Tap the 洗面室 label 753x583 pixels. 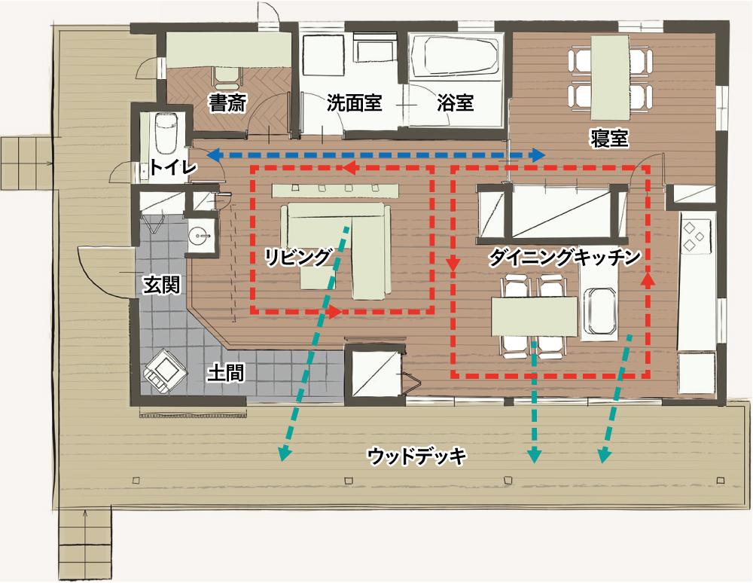pyautogui.click(x=354, y=103)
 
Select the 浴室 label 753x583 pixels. pyautogui.click(x=456, y=103)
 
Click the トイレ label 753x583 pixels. pyautogui.click(x=172, y=167)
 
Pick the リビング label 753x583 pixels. pyautogui.click(x=297, y=256)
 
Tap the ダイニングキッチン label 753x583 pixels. pyautogui.click(x=565, y=256)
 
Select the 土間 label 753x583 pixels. pyautogui.click(x=225, y=371)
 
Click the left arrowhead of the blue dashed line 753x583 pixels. pyautogui.click(x=213, y=155)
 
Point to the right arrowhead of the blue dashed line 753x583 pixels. pyautogui.click(x=539, y=155)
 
